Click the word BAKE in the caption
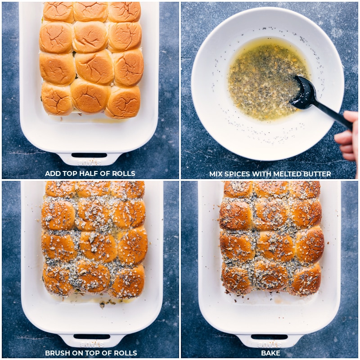point(270,353)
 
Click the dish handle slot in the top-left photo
point(90,155)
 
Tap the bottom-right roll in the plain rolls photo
point(123,102)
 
